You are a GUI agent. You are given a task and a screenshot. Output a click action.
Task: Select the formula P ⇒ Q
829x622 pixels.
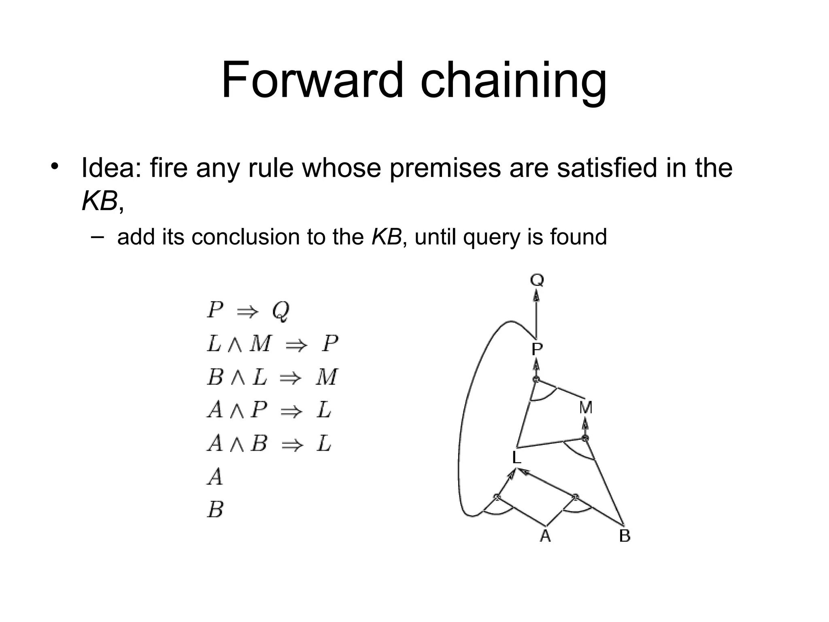tap(248, 311)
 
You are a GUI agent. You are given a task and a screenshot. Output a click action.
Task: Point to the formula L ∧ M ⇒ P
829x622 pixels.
tap(272, 344)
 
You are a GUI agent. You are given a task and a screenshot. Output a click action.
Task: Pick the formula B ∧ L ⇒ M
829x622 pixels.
tap(272, 377)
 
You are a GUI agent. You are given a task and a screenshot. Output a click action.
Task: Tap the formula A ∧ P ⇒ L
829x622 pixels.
tap(269, 411)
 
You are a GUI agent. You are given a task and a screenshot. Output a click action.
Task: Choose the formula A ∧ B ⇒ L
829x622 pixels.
tap(269, 443)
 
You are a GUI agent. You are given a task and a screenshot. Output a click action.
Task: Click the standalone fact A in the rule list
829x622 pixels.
tap(215, 477)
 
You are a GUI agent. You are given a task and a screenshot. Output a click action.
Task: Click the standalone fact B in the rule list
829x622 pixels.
tap(215, 509)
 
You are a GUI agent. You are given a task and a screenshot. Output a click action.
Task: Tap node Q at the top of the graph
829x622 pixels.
tap(537, 280)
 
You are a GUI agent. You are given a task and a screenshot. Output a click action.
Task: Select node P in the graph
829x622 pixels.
tap(537, 349)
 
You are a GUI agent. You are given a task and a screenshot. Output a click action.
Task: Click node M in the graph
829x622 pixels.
tap(585, 407)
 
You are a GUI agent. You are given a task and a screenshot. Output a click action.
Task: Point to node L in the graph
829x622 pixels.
tap(517, 458)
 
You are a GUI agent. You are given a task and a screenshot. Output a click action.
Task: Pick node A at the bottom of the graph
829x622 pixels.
tap(545, 535)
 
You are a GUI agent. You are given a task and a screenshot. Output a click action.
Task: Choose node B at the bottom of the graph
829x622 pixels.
tap(625, 535)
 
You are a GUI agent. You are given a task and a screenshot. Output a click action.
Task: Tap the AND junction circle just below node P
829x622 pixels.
tap(536, 379)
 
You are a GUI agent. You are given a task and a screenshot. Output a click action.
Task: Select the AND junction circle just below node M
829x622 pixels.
tap(585, 439)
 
